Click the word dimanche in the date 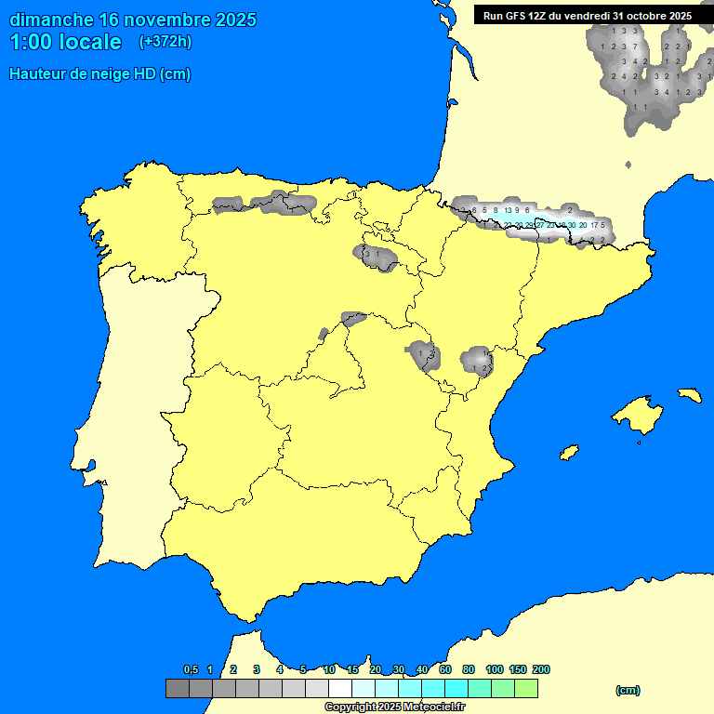click(x=50, y=20)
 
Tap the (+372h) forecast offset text click(x=165, y=41)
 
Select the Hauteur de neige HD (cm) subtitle click(x=99, y=74)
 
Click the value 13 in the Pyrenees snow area click(x=509, y=211)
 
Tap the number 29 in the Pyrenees click(x=529, y=225)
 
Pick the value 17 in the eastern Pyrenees click(x=594, y=225)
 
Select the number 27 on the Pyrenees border click(x=540, y=225)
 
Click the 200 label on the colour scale click(x=541, y=669)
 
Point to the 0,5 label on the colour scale click(x=191, y=669)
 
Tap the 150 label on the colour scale click(x=518, y=669)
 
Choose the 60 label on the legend click(x=445, y=669)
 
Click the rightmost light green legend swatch click(x=526, y=688)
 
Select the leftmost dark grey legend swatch click(x=177, y=688)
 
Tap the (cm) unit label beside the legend click(x=628, y=690)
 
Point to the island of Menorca click(x=689, y=395)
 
